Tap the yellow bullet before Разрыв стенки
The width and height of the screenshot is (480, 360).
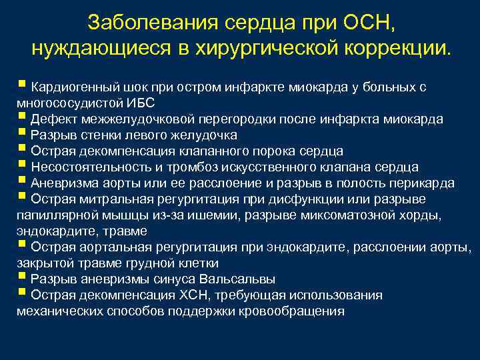pos(22,133)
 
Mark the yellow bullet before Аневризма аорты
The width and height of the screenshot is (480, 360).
pos(22,181)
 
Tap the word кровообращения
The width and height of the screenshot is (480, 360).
pos(293,311)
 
